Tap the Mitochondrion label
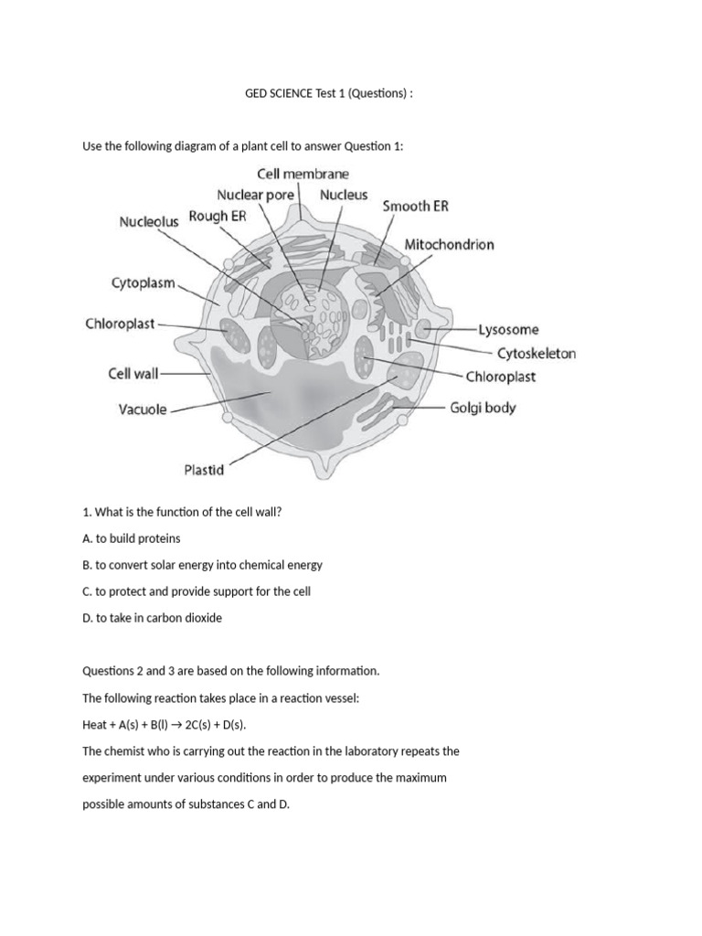[x=449, y=245]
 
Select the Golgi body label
[x=483, y=408]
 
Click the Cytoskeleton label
[x=536, y=353]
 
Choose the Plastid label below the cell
[x=204, y=471]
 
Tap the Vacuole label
[x=143, y=409]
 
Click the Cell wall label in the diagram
[x=133, y=373]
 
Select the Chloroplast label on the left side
[x=119, y=324]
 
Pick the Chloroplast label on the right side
[x=500, y=376]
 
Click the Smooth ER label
[x=415, y=207]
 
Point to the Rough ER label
[x=217, y=217]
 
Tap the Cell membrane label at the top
[x=303, y=173]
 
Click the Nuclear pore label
[x=255, y=195]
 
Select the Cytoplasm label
[x=143, y=283]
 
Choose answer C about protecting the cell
[x=197, y=591]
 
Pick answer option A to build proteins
[x=132, y=538]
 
